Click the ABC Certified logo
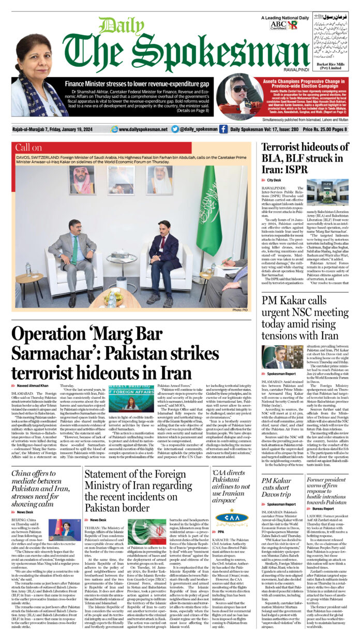coord(280,25)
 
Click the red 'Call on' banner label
coord(29,147)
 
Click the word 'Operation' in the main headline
coord(48,334)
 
